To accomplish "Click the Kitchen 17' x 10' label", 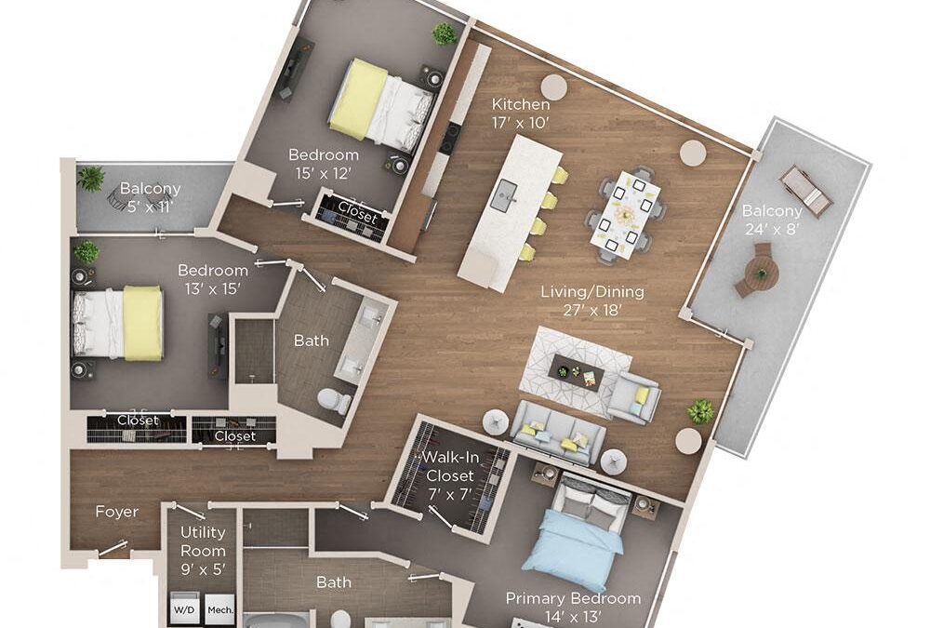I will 521,113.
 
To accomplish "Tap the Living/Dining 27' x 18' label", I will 592,300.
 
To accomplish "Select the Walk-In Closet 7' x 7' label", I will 448,474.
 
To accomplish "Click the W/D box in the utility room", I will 184,610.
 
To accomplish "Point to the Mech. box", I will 220,610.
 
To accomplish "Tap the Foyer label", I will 117,512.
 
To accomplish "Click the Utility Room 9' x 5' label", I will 203,550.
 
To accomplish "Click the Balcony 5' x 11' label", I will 150,197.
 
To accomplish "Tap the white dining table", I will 626,214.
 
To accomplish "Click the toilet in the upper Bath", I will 329,401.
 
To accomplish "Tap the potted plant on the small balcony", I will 91,178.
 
